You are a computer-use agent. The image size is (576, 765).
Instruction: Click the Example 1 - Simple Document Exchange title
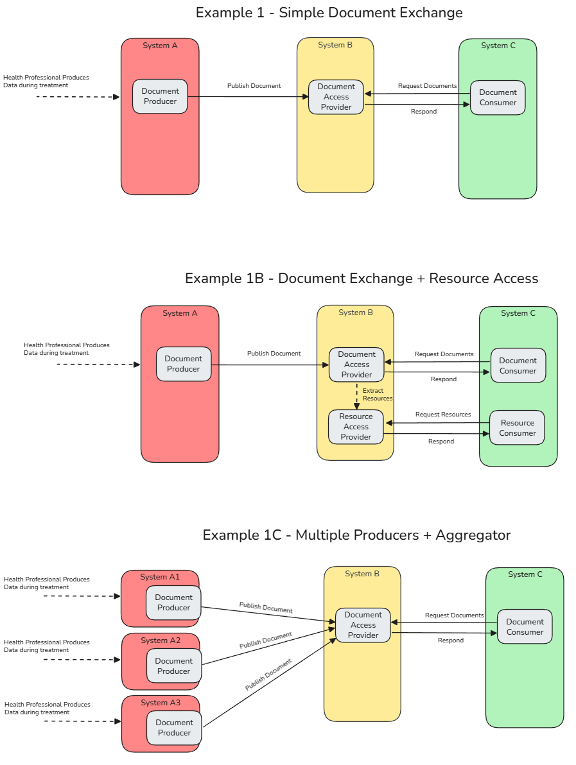click(329, 13)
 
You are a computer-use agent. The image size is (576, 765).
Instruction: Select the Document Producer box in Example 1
click(160, 96)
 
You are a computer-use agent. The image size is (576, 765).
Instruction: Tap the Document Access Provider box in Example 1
click(336, 97)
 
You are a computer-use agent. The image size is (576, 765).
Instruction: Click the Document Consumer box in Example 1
click(498, 98)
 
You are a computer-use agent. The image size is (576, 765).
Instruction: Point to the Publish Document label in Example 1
click(254, 86)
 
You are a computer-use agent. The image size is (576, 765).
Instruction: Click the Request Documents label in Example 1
click(427, 86)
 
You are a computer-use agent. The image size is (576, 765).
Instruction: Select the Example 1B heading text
click(362, 279)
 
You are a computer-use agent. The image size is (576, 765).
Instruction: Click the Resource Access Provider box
click(356, 427)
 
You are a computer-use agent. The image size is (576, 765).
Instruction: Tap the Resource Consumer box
click(518, 428)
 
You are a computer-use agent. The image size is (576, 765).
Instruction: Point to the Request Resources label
click(443, 415)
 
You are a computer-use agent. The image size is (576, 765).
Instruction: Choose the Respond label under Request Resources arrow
click(441, 442)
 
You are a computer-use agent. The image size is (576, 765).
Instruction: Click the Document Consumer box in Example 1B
click(518, 366)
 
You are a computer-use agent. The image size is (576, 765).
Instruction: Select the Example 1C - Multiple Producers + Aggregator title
click(356, 535)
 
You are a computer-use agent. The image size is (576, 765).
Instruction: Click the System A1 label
click(160, 577)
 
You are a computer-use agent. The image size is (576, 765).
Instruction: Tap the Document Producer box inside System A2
click(173, 666)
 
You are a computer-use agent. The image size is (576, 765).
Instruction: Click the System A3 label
click(161, 703)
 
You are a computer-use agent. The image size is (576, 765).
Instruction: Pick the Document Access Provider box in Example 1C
click(363, 625)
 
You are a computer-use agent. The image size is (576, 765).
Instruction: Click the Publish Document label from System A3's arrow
click(268, 675)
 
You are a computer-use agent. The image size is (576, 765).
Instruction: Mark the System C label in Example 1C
click(525, 574)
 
